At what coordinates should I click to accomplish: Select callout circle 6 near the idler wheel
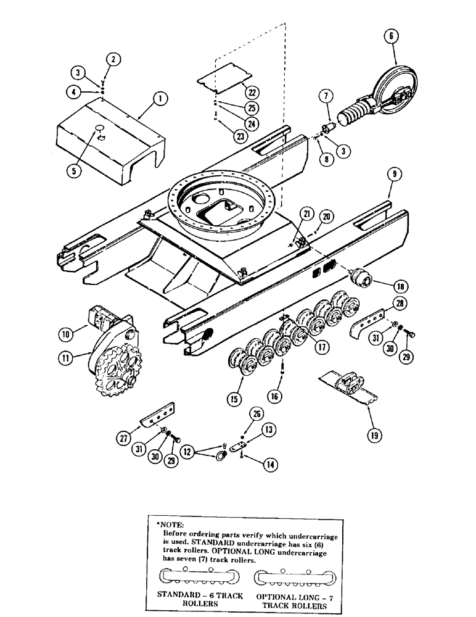click(x=390, y=36)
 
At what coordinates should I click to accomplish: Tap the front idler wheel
click(x=395, y=93)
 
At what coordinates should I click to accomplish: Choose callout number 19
click(x=374, y=435)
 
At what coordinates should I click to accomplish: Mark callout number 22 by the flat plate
click(x=252, y=92)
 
